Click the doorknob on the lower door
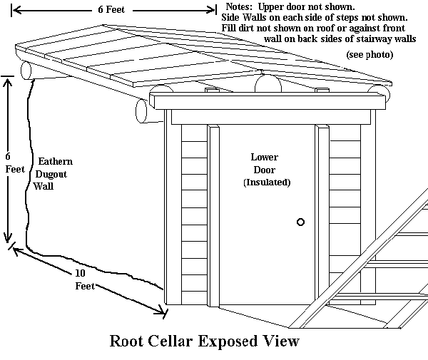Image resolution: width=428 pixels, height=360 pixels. [300, 222]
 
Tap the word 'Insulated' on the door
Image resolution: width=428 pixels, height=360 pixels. [267, 182]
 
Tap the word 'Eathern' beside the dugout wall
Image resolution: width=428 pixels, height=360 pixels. [54, 162]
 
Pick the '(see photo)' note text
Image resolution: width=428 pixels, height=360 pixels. [369, 55]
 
